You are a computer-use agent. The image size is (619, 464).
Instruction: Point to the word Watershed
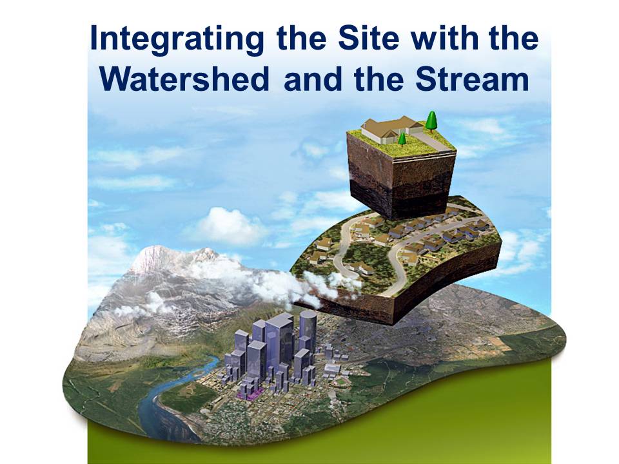point(186,80)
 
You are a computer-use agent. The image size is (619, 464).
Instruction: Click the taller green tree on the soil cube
point(431,121)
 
